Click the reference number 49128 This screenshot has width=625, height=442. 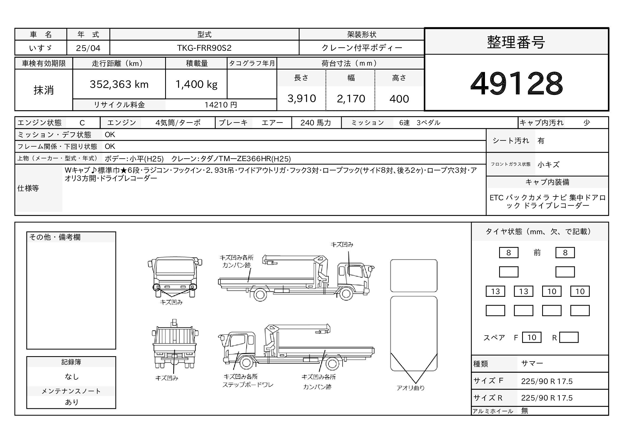point(517,83)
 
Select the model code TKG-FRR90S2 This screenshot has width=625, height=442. point(204,48)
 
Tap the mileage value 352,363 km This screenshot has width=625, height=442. point(119,84)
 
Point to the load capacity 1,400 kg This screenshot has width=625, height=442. point(196,84)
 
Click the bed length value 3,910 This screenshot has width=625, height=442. point(302,99)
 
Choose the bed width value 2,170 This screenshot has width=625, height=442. point(351,99)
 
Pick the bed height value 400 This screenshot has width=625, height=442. point(399,99)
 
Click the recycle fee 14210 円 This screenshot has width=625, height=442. point(220,105)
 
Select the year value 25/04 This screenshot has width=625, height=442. point(88,48)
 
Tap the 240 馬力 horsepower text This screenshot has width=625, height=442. point(316,123)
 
